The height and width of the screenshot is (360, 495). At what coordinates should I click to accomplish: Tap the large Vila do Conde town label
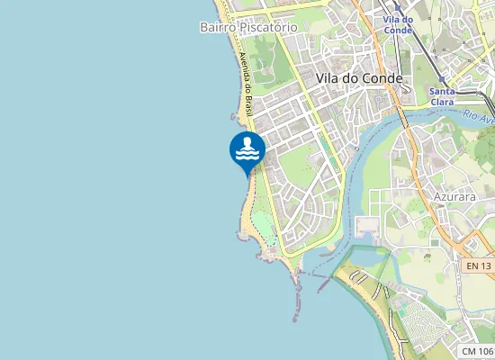[x=359, y=78]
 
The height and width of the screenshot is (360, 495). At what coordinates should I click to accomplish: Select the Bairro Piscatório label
[x=248, y=27]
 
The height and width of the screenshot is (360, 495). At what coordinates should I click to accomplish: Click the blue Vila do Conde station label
[x=397, y=24]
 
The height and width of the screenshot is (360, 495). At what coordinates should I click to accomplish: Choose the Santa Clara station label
[x=442, y=96]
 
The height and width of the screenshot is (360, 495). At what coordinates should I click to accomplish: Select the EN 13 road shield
[x=480, y=265]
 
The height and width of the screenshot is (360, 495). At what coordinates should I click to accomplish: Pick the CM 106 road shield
[x=477, y=351]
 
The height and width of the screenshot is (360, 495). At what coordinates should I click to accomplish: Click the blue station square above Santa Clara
[x=442, y=79]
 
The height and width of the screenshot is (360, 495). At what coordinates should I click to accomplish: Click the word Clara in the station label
[x=442, y=102]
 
